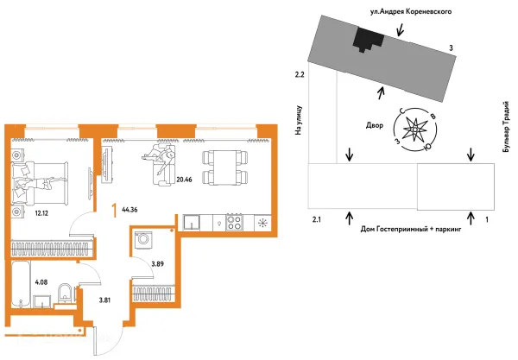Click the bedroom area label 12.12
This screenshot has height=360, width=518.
[41, 213]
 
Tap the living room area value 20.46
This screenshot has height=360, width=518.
[184, 180]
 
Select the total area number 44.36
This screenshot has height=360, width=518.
[129, 210]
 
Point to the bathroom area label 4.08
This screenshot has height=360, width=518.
[41, 282]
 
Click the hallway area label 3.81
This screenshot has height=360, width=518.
[104, 300]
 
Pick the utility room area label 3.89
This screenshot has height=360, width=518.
[158, 264]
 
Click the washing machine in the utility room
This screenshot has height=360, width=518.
[143, 239]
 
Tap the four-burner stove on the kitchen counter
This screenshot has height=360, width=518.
[234, 222]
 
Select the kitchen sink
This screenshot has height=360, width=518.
[192, 222]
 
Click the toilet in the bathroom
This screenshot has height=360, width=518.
[66, 294]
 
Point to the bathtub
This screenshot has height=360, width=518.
[21, 284]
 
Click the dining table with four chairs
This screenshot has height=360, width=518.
[225, 167]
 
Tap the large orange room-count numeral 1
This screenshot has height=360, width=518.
[115, 211]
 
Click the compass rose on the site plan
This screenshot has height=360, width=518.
[415, 129]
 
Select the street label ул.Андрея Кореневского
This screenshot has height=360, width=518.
[411, 12]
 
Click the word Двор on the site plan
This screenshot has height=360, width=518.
[375, 125]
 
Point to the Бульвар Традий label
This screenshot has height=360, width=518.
[505, 127]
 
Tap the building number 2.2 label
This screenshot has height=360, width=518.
[300, 74]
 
